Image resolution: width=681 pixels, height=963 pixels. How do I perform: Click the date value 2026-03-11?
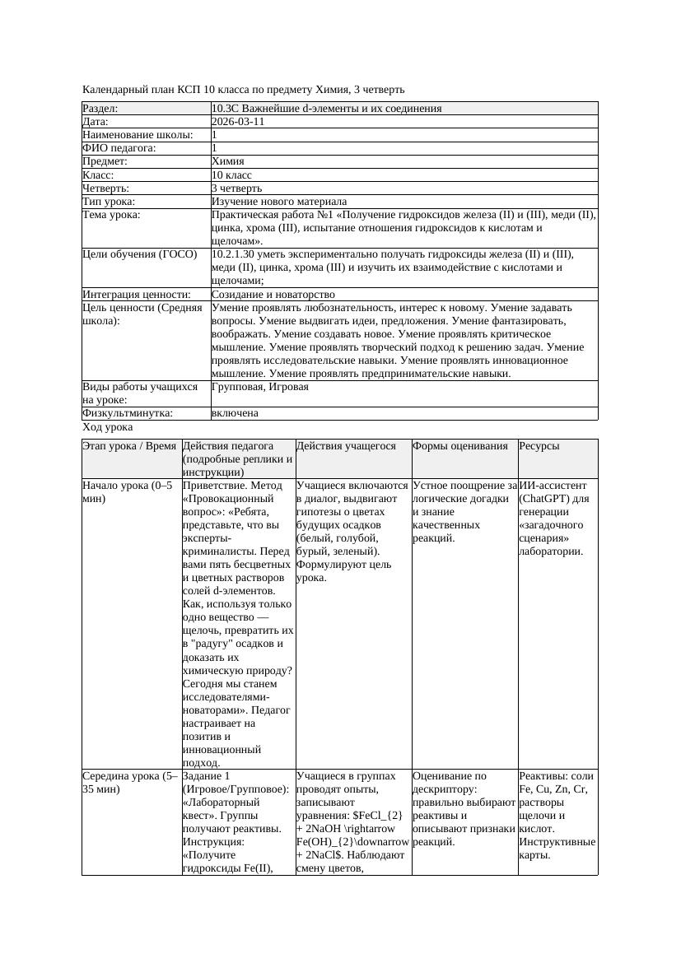[x=238, y=122]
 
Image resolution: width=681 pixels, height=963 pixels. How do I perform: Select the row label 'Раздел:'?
[x=100, y=109]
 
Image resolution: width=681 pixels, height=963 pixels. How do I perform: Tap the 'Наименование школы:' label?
[x=138, y=135]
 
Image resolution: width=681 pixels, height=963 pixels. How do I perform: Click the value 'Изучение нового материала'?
[x=279, y=202]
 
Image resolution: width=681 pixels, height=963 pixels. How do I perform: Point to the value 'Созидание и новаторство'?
[x=273, y=295]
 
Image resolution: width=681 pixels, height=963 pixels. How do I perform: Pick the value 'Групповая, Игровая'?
[x=260, y=387]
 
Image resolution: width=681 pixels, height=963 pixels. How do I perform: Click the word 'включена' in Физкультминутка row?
[x=235, y=413]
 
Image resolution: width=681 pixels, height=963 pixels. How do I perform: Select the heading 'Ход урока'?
[x=108, y=428]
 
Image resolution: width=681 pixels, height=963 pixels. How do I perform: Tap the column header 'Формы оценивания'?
[x=460, y=446]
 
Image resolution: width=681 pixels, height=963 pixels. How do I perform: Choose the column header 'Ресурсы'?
[x=539, y=446]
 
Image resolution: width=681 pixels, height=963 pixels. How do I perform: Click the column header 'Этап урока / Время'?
[x=129, y=446]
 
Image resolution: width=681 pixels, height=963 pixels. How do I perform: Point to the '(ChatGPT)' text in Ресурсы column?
[x=547, y=499]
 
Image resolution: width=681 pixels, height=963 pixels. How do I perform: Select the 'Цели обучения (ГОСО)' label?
[x=140, y=254]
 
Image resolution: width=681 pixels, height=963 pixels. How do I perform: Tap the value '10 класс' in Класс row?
[x=231, y=175]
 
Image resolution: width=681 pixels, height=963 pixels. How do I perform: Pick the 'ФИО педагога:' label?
[x=119, y=148]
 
